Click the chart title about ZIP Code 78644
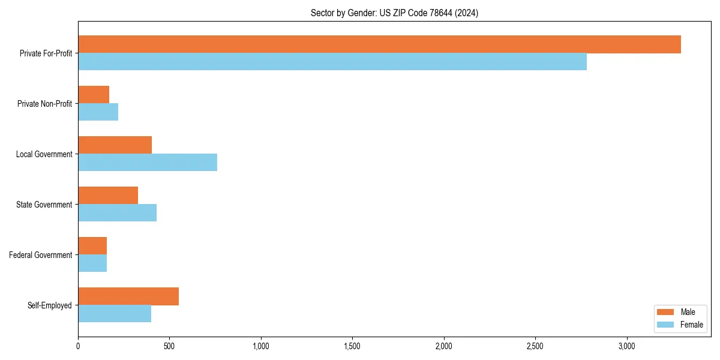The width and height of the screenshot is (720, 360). pos(394,13)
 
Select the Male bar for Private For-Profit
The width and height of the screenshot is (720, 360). pos(379,44)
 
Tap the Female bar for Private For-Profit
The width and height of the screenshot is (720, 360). pos(332,62)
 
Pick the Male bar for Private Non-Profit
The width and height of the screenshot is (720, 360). pos(94,95)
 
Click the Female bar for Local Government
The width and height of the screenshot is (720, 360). pos(148,163)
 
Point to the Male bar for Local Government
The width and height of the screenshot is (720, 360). pos(115,145)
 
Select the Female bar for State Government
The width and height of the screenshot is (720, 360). pos(117,213)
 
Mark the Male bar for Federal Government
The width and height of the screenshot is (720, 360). pos(92,246)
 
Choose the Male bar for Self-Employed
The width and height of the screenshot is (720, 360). pos(128,296)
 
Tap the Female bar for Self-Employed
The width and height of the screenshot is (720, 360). pos(115,314)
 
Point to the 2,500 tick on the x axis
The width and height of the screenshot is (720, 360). pos(535,346)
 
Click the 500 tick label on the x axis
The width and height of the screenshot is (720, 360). pos(169,346)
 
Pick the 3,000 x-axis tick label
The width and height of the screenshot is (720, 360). pos(626,346)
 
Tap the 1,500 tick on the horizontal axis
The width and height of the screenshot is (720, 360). pos(352,346)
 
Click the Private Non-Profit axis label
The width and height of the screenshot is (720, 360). pos(44,104)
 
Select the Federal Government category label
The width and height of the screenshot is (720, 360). pos(41,255)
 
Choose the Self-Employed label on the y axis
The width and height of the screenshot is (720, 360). pos(50,305)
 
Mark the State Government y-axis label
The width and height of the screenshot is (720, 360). pos(44,205)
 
